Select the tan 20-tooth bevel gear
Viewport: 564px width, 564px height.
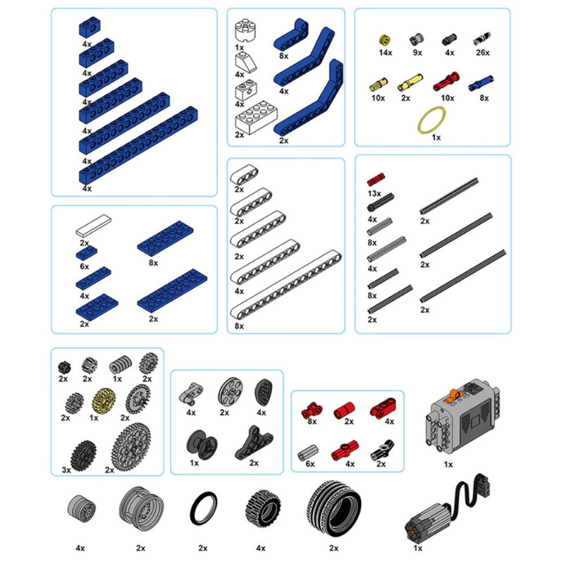[103, 400]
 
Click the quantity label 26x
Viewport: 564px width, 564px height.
[483, 52]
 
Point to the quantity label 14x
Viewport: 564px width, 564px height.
[385, 52]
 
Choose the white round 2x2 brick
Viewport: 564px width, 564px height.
[245, 31]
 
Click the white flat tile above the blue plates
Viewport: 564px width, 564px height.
[94, 226]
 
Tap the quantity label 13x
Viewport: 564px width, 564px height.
[374, 193]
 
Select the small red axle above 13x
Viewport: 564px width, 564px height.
[376, 179]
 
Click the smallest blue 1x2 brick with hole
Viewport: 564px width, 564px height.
[90, 27]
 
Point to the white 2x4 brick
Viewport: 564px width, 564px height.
[257, 117]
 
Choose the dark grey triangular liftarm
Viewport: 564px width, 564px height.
[254, 442]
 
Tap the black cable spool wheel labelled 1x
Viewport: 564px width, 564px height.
[202, 444]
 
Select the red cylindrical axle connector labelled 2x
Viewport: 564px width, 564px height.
[344, 410]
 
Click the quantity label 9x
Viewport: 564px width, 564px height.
[417, 52]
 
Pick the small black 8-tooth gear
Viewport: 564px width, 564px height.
[64, 367]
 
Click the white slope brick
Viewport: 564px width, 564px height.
[245, 61]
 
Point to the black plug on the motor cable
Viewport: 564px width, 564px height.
[483, 484]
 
